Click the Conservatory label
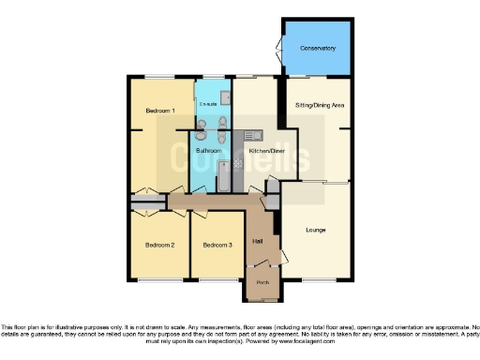tap(318, 48)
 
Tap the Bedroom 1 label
tap(159, 112)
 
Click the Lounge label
tap(315, 229)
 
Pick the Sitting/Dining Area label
tap(319, 106)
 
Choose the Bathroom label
tap(208, 150)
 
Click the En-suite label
tap(207, 103)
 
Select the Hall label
tap(257, 243)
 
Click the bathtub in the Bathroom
tap(225, 175)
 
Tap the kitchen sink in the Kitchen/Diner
tap(251, 137)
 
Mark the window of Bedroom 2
tap(158, 279)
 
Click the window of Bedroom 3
tap(218, 279)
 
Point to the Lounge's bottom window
tap(316, 279)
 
